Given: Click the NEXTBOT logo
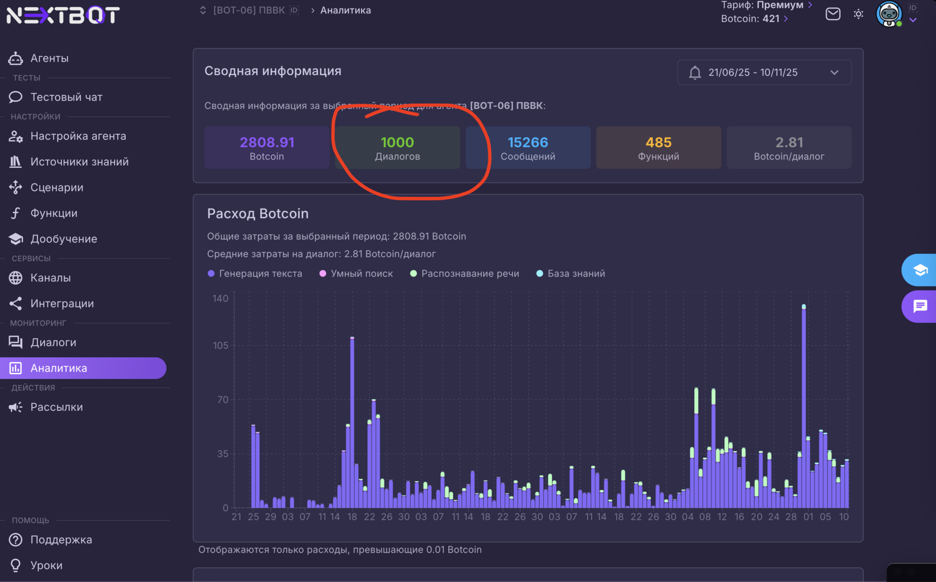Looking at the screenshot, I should [63, 15].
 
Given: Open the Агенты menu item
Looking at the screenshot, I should [49, 58].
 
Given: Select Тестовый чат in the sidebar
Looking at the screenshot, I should [66, 97].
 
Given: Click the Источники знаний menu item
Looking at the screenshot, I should [79, 162].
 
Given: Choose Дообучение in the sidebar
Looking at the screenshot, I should [64, 239].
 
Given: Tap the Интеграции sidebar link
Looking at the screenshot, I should [62, 303].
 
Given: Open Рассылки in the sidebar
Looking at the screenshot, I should [56, 407].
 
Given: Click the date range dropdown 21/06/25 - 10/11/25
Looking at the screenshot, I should [764, 72].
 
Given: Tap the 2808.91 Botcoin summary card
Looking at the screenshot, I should [267, 148].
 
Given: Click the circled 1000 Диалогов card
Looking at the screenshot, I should [397, 148].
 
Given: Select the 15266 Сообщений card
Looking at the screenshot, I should [528, 148].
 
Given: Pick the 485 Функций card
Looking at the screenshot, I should [658, 148].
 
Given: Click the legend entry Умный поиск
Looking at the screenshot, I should [361, 274].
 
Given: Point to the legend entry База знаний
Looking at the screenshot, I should [576, 274].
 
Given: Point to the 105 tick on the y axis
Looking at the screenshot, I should [221, 346].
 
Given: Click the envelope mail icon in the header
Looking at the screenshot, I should [833, 14].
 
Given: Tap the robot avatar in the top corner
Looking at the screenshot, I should [889, 14].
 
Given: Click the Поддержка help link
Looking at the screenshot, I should [61, 540].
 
